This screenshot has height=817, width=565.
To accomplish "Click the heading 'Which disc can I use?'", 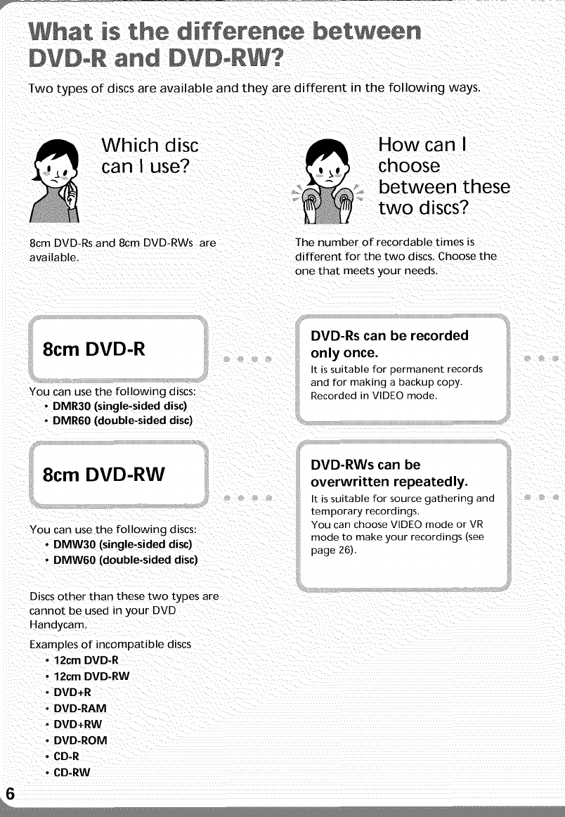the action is (150, 157).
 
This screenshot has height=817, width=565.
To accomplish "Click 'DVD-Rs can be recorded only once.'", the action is (389, 343).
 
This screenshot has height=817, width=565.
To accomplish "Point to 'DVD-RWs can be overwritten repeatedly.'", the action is (389, 474).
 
